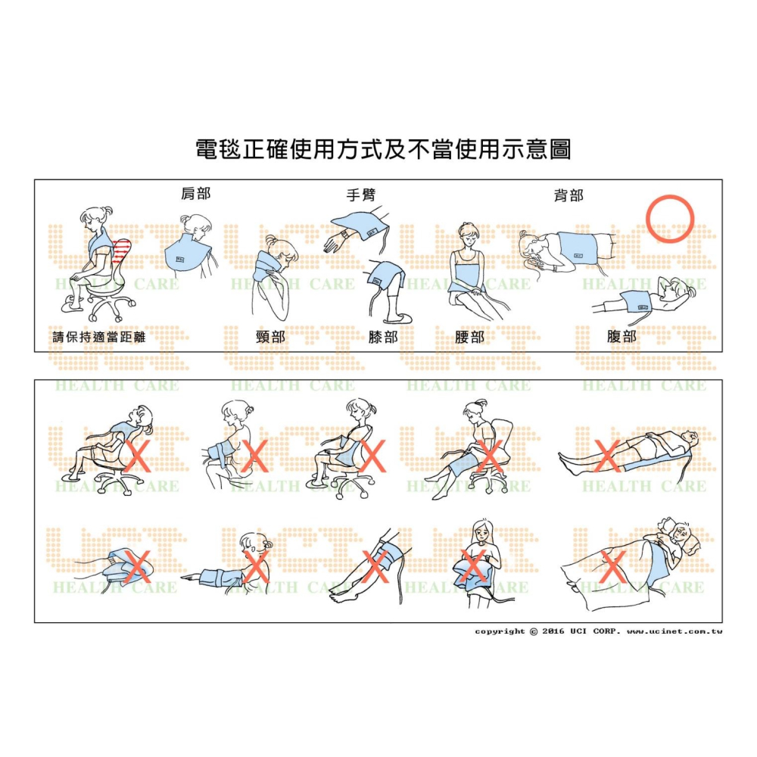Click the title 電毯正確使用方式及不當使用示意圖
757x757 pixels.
383,149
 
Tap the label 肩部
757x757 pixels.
195,194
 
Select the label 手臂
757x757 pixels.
360,195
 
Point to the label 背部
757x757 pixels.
569,195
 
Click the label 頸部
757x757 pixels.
270,337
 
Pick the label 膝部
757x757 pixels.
382,337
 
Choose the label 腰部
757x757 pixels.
469,337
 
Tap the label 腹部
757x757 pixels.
621,337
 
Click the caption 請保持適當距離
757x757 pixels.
98,337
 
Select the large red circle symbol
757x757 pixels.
670,219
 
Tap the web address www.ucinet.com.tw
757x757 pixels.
674,631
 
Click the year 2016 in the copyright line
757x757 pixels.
554,631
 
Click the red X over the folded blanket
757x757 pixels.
137,567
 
